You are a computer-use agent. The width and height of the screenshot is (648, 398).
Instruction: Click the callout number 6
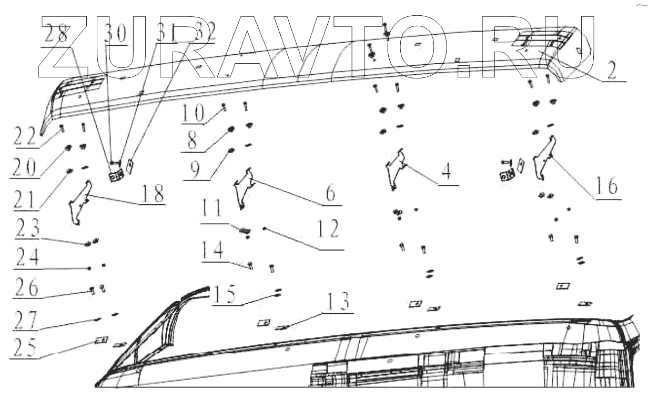point(330,194)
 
